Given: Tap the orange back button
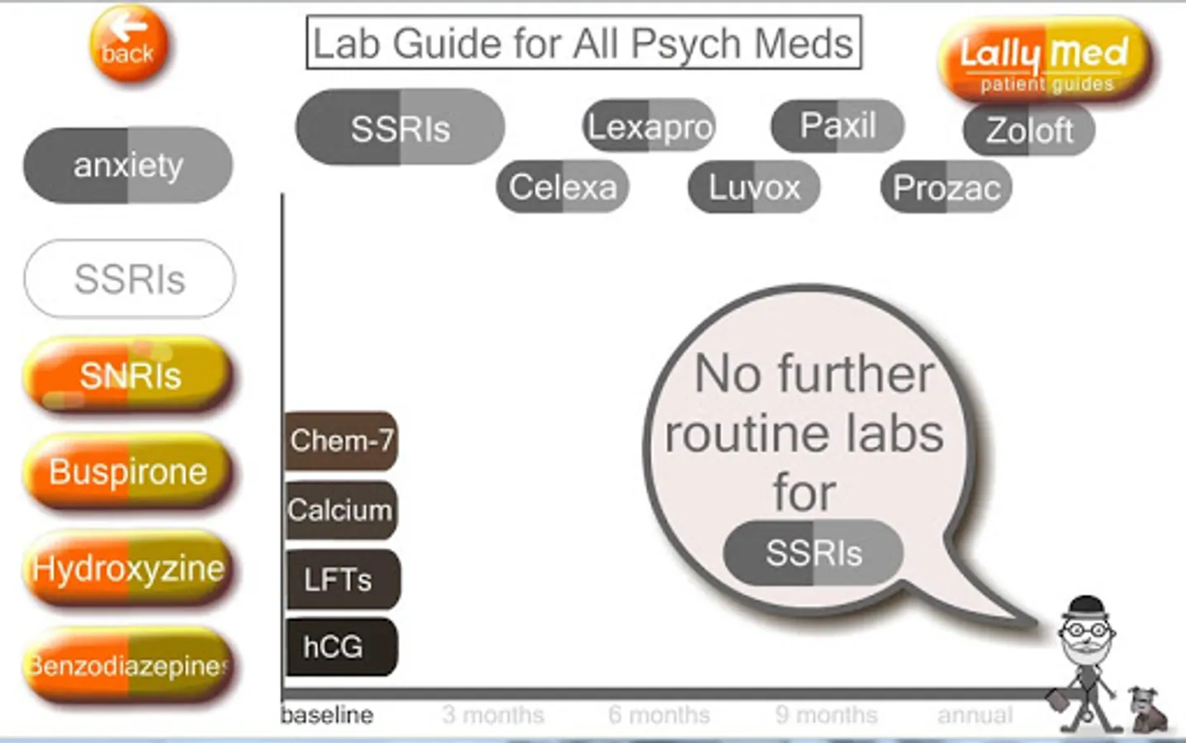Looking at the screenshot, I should [128, 45].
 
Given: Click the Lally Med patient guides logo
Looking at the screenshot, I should [1045, 60].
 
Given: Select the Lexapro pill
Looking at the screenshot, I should [649, 126].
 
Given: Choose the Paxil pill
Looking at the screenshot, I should [837, 126].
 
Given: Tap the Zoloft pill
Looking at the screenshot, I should [1029, 130].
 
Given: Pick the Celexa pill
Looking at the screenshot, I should [562, 187].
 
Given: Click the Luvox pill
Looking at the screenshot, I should [754, 187].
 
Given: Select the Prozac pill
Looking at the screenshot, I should [946, 188].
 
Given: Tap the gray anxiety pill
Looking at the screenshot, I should [128, 165].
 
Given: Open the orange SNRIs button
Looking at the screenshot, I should [129, 376].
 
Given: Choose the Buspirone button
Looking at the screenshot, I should [128, 472].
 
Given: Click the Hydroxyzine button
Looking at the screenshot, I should [128, 569].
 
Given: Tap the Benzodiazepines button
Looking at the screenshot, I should [128, 665].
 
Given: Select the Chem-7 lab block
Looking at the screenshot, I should [341, 441].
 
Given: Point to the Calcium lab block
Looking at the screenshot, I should [340, 510].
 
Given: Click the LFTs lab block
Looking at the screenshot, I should [340, 580].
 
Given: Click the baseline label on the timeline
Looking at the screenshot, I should [327, 715].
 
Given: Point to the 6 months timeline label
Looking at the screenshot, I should [659, 715].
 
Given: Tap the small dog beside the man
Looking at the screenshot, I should [1150, 710].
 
